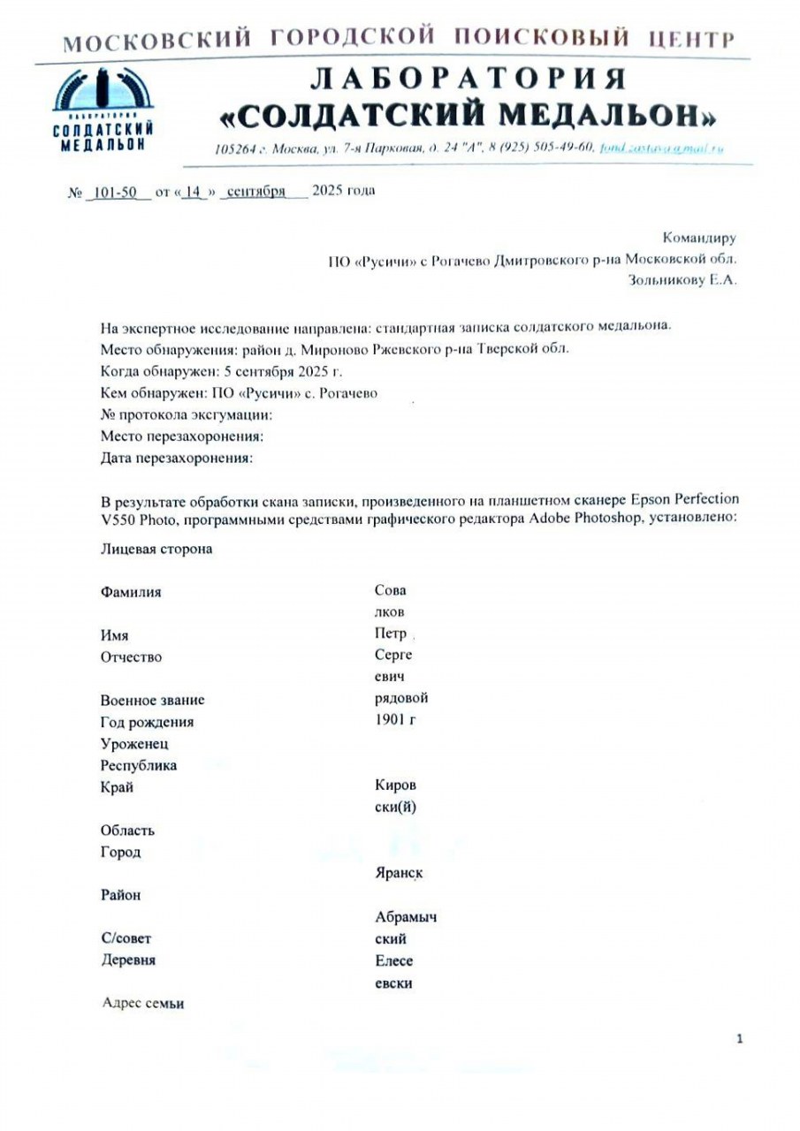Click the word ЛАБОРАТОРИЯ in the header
[469, 79]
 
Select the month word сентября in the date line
[255, 192]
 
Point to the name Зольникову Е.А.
[681, 281]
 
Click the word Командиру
[698, 237]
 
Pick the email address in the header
[661, 148]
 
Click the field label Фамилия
[131, 592]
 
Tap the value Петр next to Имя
[391, 634]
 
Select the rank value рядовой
[401, 698]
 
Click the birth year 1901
[391, 720]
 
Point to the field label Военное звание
[152, 700]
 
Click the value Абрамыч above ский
[406, 917]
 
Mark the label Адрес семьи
[143, 1003]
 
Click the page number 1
[739, 1039]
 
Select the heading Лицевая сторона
[156, 549]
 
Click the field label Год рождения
[147, 721]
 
